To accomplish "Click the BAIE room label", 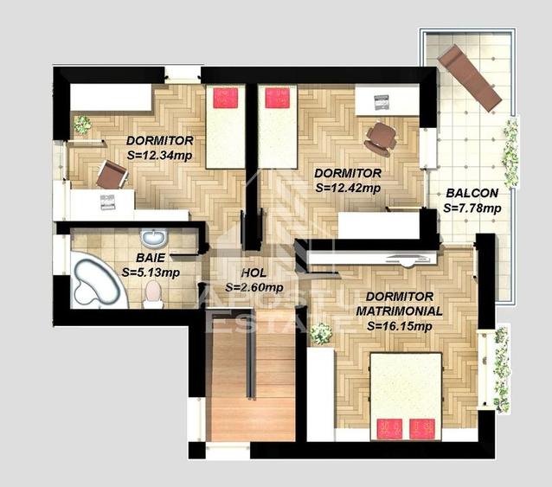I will click(151, 258).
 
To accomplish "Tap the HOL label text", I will click(253, 274).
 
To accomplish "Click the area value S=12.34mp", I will click(158, 155).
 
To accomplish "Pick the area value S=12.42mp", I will click(348, 186).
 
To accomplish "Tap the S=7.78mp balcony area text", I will click(472, 208).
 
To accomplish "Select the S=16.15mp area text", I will click(399, 326).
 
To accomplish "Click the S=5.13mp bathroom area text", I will click(151, 272).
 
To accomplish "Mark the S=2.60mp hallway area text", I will click(254, 288).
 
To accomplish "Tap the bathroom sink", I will click(154, 237).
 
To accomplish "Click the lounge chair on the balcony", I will click(469, 77).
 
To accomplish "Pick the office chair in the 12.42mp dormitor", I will click(381, 136).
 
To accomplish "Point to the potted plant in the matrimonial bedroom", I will click(322, 332).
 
